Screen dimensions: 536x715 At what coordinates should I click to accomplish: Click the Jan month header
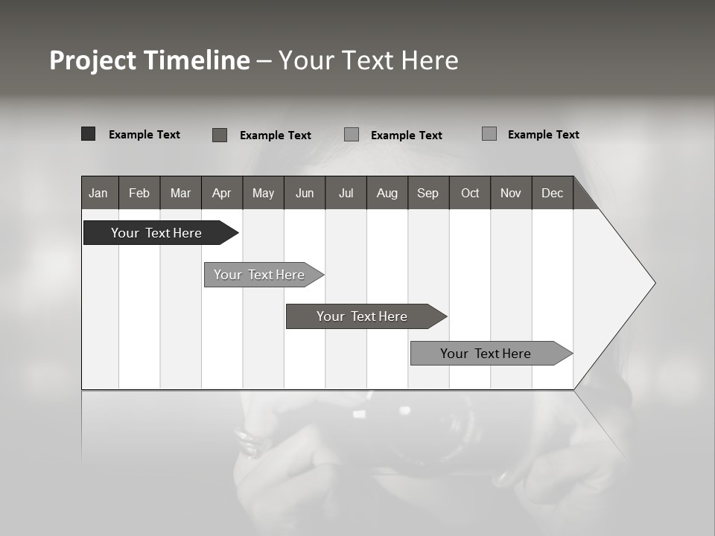[x=99, y=193]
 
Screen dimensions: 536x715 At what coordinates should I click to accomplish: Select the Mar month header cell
[x=180, y=193]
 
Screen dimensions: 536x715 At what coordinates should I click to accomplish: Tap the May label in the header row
[x=263, y=193]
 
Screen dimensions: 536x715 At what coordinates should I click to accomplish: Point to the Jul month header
[x=346, y=193]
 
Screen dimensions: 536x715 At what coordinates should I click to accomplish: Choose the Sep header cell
[x=428, y=193]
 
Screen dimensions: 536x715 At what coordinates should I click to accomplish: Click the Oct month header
[x=470, y=193]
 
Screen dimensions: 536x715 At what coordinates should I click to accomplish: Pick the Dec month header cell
[x=552, y=193]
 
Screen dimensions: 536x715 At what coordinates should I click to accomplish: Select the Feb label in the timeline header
[x=139, y=193]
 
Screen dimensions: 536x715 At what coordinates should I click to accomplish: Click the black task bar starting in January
[x=156, y=233]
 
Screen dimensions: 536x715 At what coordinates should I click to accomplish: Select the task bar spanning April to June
[x=259, y=275]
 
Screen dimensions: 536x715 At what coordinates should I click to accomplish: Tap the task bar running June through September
[x=362, y=316]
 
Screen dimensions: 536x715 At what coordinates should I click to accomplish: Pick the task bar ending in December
[x=486, y=354]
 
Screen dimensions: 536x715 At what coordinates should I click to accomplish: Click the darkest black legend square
[x=88, y=134]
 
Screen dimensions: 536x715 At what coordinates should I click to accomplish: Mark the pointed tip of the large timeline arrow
[x=653, y=283]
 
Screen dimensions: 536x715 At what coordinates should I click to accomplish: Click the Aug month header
[x=387, y=193]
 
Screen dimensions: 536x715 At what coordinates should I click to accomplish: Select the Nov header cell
[x=511, y=193]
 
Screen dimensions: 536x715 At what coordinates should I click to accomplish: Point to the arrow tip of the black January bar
[x=236, y=233]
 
